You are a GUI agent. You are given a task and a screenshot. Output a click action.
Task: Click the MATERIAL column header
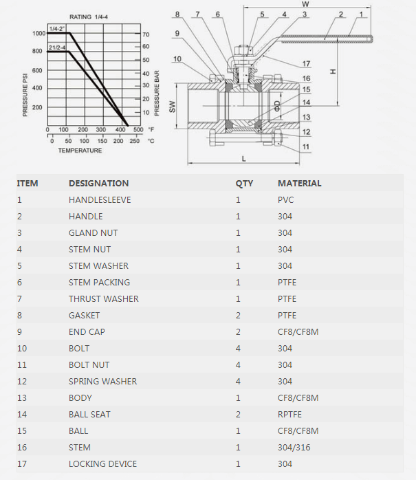tap(299, 184)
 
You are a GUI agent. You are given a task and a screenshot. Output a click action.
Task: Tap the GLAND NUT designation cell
tap(93, 233)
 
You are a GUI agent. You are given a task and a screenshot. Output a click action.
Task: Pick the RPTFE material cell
tap(289, 415)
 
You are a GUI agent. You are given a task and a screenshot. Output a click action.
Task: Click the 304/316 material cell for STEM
tap(294, 448)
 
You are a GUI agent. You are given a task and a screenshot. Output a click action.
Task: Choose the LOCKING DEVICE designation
tap(102, 464)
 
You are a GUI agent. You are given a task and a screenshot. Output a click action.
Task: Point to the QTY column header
tap(244, 184)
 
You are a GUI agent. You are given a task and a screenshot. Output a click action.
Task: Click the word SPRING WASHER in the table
tap(102, 382)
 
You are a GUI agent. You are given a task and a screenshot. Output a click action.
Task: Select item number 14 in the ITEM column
tap(21, 415)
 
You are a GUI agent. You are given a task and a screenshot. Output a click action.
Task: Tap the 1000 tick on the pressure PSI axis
tap(37, 33)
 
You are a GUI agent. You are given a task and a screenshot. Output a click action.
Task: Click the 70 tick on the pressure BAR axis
tap(146, 34)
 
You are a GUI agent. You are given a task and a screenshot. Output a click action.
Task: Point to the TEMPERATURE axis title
tap(80, 150)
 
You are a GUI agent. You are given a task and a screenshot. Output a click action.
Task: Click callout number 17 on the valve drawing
tap(306, 64)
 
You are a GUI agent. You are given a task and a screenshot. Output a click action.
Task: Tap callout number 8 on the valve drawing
tap(177, 14)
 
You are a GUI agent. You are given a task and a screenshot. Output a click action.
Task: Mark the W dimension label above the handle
tap(305, 4)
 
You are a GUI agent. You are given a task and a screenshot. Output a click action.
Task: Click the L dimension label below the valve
tap(243, 158)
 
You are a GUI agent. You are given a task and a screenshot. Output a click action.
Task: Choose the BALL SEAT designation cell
tap(89, 415)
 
